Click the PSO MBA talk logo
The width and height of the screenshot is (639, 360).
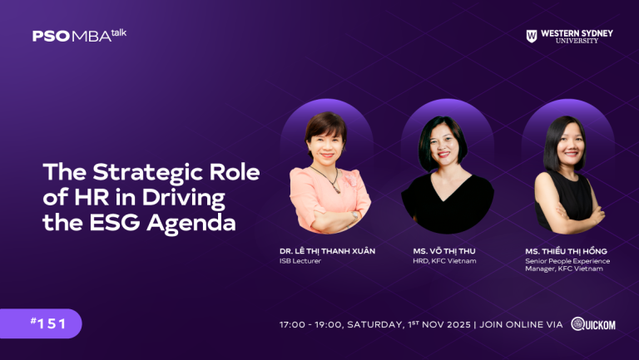[x=79, y=35]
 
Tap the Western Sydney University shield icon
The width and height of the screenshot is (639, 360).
[x=532, y=36]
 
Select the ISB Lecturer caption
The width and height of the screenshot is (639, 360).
[x=300, y=261]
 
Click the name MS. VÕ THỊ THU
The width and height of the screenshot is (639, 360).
[x=444, y=251]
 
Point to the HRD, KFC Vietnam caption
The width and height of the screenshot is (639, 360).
[x=444, y=261]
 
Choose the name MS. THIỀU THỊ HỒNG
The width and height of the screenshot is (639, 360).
[x=567, y=251]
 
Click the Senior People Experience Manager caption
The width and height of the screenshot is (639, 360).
[x=567, y=264]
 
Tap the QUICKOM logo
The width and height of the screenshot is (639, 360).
[x=593, y=323]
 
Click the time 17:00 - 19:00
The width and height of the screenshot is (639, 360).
[x=309, y=324]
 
